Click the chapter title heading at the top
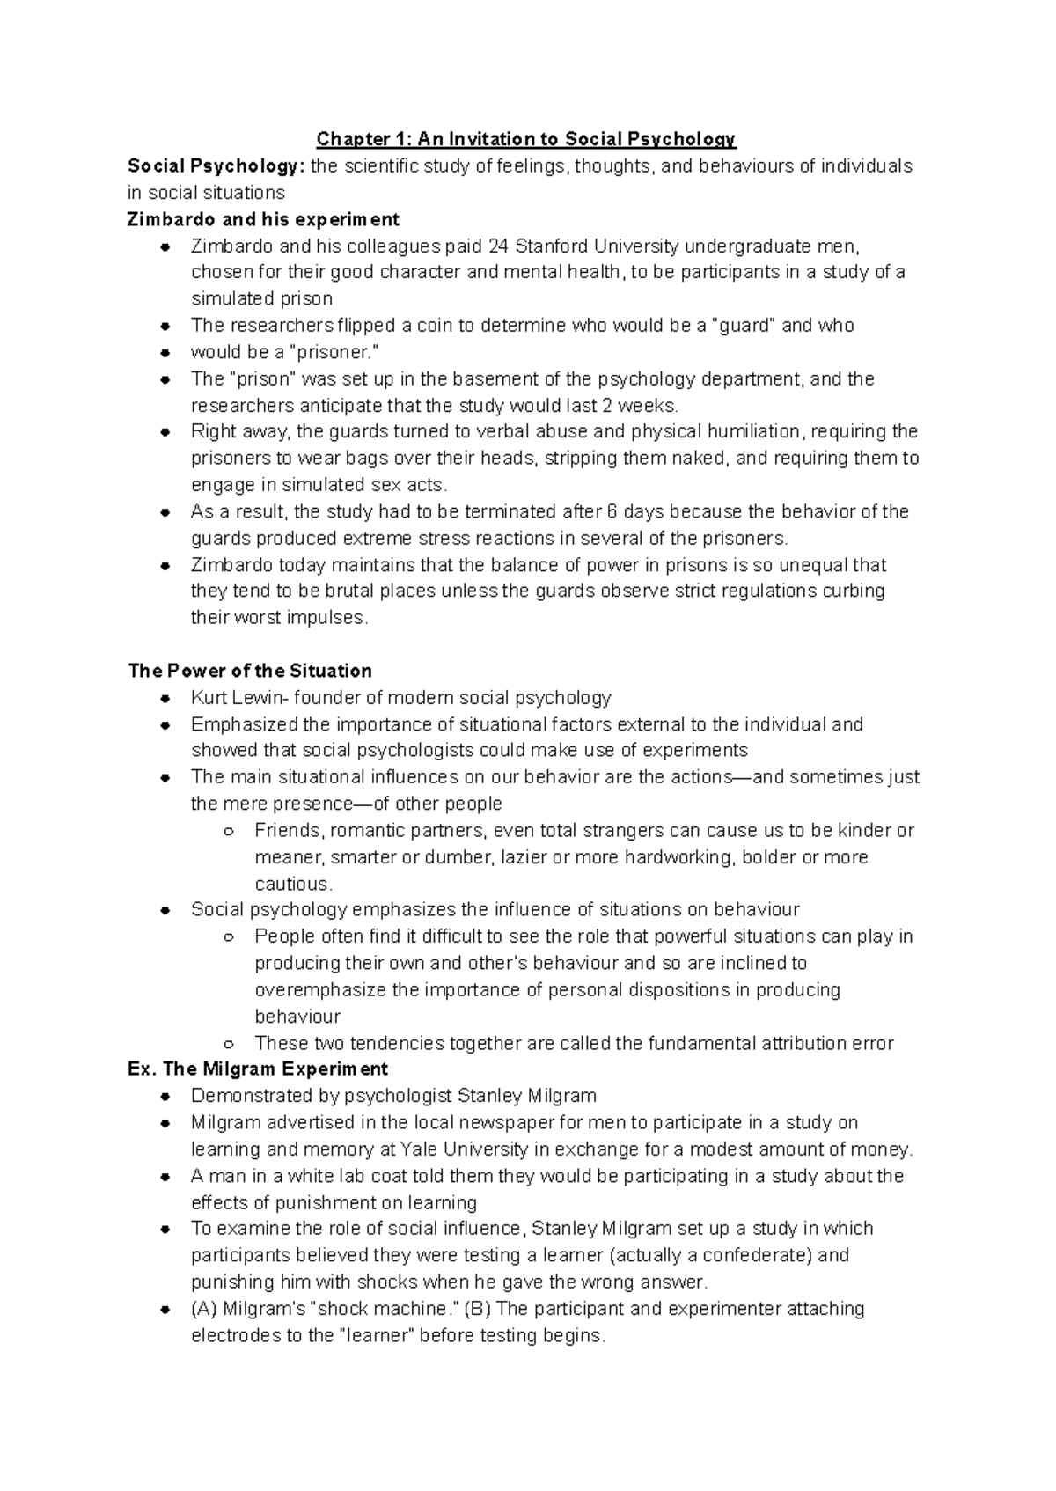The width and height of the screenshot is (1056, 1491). pyautogui.click(x=526, y=139)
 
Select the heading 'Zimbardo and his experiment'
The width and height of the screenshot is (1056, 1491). pyautogui.click(x=263, y=219)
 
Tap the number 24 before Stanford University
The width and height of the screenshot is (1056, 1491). pyautogui.click(x=498, y=246)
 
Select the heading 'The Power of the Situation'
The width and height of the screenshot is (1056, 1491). pyautogui.click(x=250, y=672)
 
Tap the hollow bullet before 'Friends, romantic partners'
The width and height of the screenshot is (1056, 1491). pyautogui.click(x=229, y=831)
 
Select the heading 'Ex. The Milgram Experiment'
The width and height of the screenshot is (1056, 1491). pyautogui.click(x=258, y=1070)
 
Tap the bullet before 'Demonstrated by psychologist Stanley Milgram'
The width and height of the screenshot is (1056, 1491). pyautogui.click(x=165, y=1097)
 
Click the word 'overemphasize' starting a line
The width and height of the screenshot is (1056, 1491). pyautogui.click(x=320, y=990)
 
